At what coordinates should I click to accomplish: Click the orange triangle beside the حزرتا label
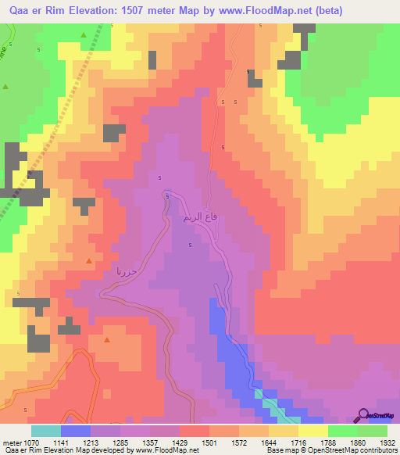pyautogui.click(x=89, y=261)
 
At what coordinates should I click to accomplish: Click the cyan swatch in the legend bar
pyautogui.click(x=46, y=431)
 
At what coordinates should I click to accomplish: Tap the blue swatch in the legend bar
pyautogui.click(x=76, y=431)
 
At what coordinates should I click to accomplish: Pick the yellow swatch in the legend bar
pyautogui.click(x=312, y=431)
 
